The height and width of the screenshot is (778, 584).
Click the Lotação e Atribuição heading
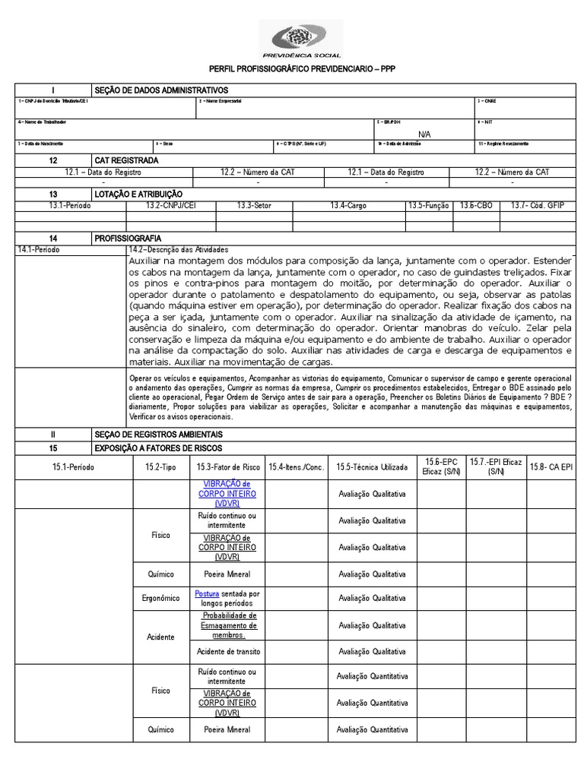(x=138, y=194)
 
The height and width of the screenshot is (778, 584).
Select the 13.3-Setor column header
(x=254, y=205)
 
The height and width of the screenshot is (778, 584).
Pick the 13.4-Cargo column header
(x=348, y=205)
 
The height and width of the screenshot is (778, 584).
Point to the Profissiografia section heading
(x=127, y=238)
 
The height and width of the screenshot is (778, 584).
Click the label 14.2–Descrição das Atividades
(x=178, y=249)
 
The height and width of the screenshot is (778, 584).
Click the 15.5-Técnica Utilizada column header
(x=372, y=467)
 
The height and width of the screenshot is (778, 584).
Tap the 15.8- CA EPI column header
(x=551, y=467)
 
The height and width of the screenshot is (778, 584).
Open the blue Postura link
(x=206, y=593)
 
